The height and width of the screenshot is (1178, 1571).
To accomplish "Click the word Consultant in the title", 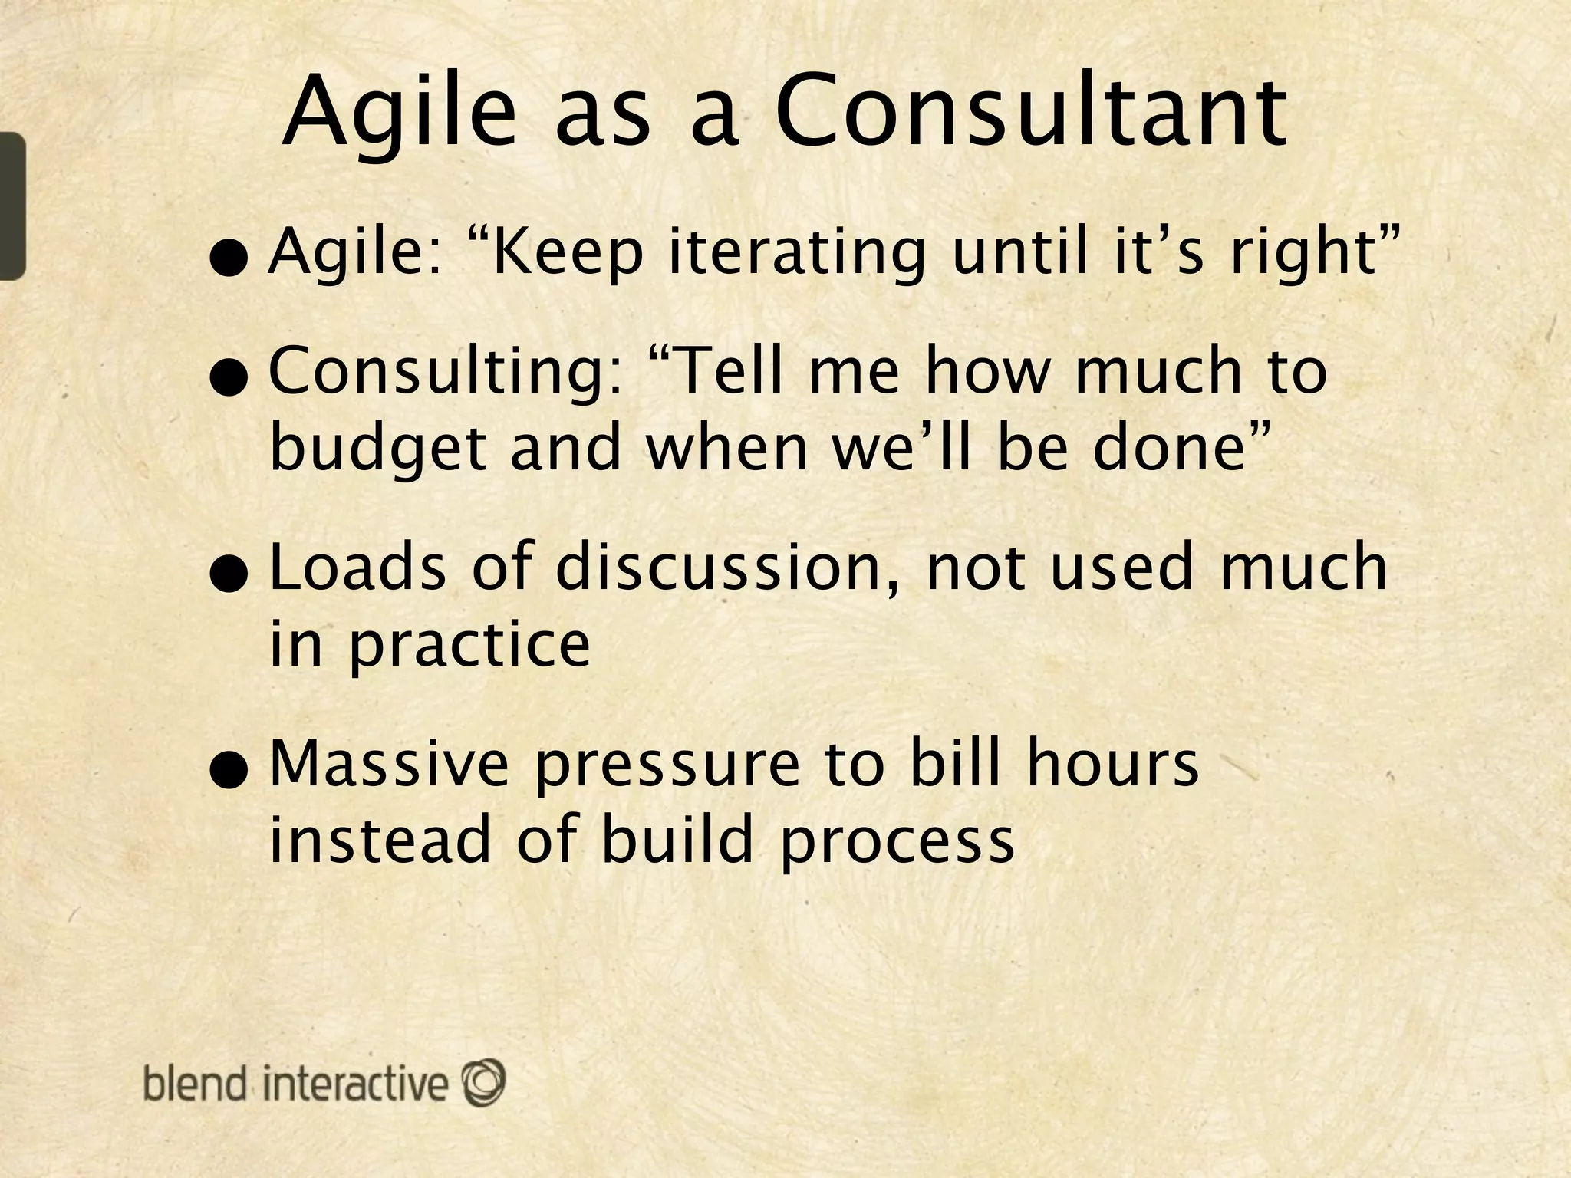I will (x=1031, y=114).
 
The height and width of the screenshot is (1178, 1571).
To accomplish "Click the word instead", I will (x=379, y=841).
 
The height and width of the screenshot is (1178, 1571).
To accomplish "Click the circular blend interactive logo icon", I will (x=484, y=1081).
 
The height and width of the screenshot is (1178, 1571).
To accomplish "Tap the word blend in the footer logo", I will (x=195, y=1084).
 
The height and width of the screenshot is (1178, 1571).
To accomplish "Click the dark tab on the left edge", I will (x=12, y=206).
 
